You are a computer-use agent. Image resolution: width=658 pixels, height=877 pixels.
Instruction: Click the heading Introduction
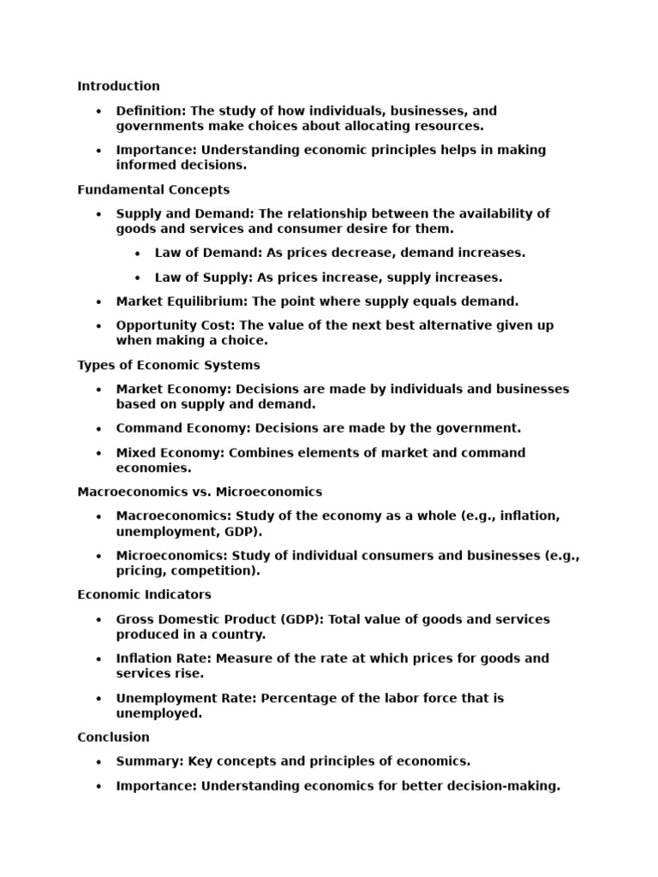pyautogui.click(x=118, y=86)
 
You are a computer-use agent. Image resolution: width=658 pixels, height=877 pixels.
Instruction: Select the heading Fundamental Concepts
pyautogui.click(x=153, y=189)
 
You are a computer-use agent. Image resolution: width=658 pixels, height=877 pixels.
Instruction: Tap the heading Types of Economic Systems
pyautogui.click(x=169, y=365)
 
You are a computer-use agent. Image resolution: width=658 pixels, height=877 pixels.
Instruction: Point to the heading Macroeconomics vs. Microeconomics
pyautogui.click(x=200, y=492)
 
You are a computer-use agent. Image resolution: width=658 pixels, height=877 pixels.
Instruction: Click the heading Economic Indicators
pyautogui.click(x=144, y=594)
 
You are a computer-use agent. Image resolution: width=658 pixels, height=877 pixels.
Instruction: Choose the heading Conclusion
pyautogui.click(x=113, y=737)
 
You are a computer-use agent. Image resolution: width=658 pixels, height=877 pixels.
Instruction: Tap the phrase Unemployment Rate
pyautogui.click(x=186, y=698)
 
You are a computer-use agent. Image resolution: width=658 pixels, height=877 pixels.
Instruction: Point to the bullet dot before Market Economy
pyautogui.click(x=99, y=390)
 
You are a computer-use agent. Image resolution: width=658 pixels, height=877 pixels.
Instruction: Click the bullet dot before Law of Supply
pyautogui.click(x=138, y=278)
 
